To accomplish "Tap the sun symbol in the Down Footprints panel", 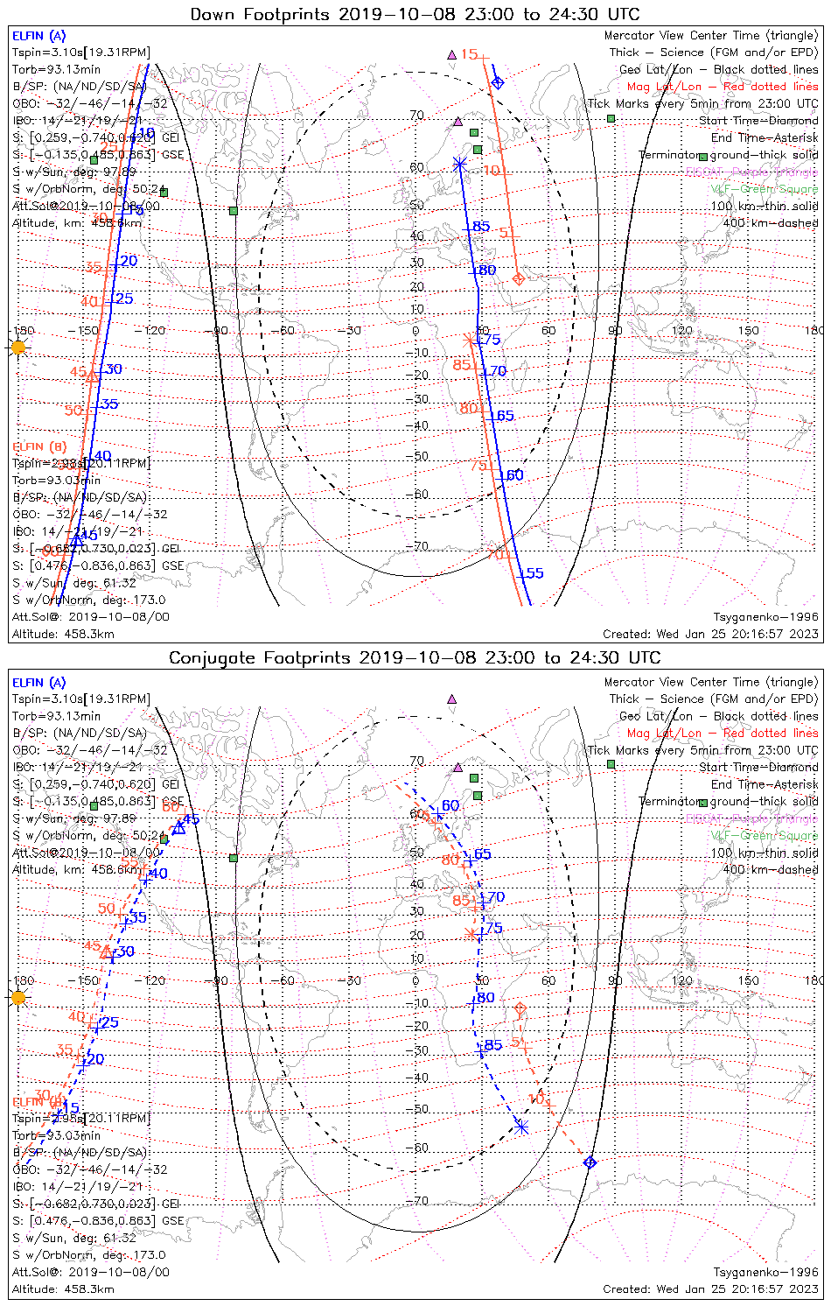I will pos(18,348).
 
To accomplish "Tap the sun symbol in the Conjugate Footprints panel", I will pos(18,997).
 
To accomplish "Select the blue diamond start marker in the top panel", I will pos(498,82).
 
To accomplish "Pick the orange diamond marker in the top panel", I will pos(518,279).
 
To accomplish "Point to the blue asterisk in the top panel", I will pos(459,163).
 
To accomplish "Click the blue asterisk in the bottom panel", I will pos(522,1127).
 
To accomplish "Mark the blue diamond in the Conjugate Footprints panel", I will pos(590,1162).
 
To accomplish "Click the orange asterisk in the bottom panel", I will pos(472,934).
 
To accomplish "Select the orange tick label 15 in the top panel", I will pos(470,54).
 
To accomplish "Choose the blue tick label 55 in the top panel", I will pos(534,573).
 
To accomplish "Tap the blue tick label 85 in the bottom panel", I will pos(493,1044).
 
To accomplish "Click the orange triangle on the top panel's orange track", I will pos(93,376).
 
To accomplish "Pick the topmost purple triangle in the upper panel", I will pos(452,54).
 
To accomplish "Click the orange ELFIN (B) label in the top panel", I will pos(39,446).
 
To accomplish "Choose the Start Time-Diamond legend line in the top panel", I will pos(758,121).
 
